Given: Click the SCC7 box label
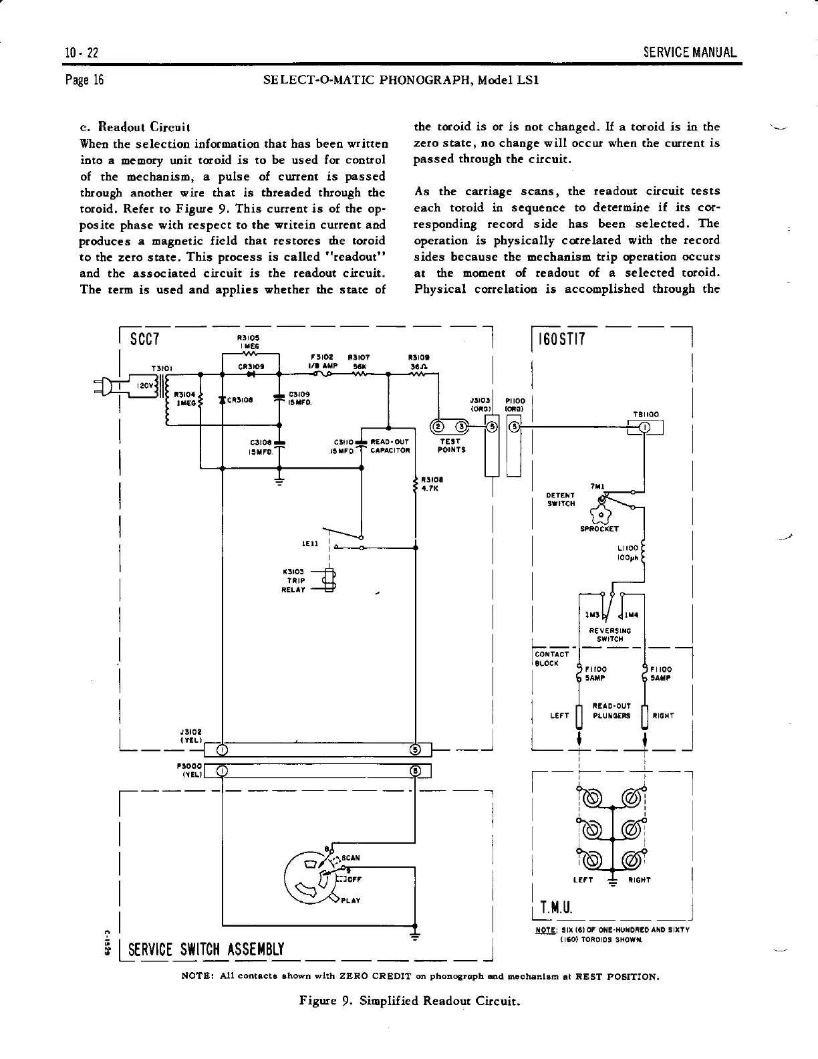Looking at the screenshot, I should [144, 339].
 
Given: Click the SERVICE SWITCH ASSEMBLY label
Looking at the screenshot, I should [206, 949].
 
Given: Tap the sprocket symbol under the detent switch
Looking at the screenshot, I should [601, 515].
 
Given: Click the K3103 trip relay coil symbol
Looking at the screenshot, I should [329, 580].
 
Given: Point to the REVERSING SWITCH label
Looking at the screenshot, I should [609, 634].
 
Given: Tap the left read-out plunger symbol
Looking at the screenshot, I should [579, 715].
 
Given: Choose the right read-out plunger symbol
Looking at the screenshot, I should [644, 715].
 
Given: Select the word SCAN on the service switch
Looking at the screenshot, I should [352, 858].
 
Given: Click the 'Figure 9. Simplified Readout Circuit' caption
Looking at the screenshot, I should [409, 1001].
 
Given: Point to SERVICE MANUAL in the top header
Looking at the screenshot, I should [690, 52].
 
